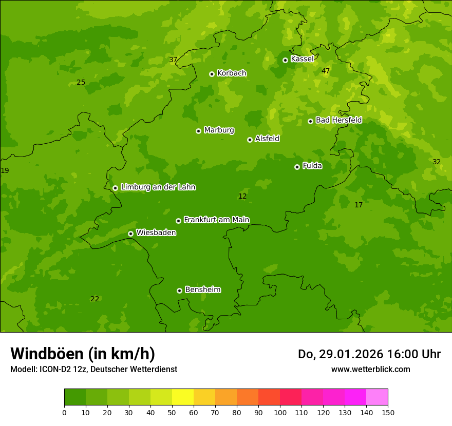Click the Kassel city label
(302, 59)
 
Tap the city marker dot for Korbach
(212, 74)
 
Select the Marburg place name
(219, 130)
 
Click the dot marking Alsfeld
(250, 140)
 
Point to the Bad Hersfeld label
(338, 120)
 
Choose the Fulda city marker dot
(297, 167)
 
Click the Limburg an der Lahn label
(158, 187)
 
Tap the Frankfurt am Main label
(216, 220)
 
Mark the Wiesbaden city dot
(130, 234)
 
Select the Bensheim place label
(202, 289)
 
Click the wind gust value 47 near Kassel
(326, 71)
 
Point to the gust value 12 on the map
(242, 196)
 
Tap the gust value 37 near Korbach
(173, 60)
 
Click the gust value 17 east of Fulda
(359, 205)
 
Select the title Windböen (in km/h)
(83, 354)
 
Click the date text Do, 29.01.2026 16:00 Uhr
(369, 354)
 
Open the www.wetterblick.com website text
(370, 369)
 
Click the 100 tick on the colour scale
(280, 412)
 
